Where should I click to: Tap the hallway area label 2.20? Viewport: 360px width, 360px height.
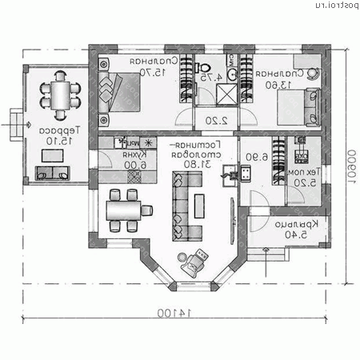click(x=211, y=121)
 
